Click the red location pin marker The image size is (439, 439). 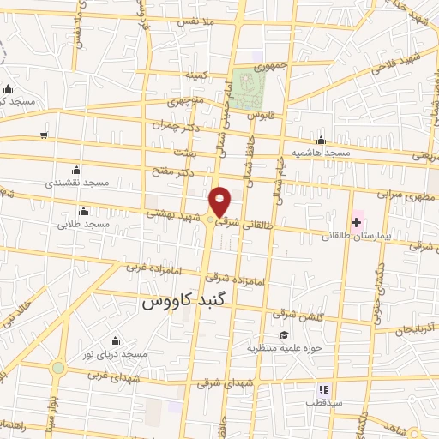pyautogui.click(x=220, y=201)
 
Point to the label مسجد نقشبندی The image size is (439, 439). pyautogui.click(x=78, y=183)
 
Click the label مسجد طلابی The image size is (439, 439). pyautogui.click(x=83, y=224)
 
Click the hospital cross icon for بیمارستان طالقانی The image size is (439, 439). pyautogui.click(x=356, y=222)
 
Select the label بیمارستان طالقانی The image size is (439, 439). pyautogui.click(x=363, y=234)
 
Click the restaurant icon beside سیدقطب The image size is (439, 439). pyautogui.click(x=323, y=388)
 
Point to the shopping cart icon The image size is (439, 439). pyautogui.click(x=44, y=135)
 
